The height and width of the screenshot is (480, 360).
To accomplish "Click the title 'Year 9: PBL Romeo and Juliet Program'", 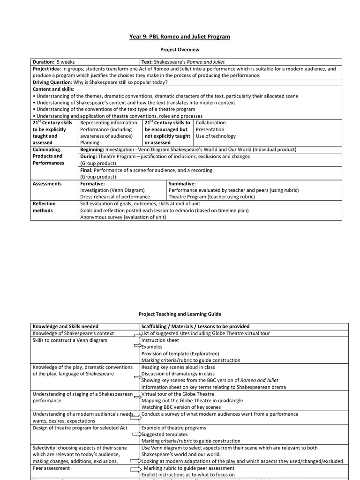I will click(180, 37).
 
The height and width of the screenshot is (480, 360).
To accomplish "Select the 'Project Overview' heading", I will click(180, 49).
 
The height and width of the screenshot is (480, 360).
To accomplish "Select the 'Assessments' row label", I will click(47, 184).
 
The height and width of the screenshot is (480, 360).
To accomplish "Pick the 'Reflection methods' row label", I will click(44, 207).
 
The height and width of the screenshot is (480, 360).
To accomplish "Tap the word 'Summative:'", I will click(182, 184).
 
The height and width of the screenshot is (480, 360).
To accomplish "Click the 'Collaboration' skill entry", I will click(210, 123).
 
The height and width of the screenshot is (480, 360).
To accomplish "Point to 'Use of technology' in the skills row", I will click(216, 136).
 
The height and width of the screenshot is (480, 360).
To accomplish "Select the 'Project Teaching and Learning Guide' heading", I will click(180, 314).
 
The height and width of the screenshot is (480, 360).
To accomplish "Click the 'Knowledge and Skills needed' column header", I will click(65, 326).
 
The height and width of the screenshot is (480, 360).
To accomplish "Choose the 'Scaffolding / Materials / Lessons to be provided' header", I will click(195, 326).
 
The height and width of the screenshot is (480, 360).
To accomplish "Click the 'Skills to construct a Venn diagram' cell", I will click(70, 340).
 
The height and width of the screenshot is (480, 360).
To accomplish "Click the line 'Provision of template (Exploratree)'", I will click(180, 353).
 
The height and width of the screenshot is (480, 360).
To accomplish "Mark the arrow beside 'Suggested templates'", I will click(138, 435).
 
